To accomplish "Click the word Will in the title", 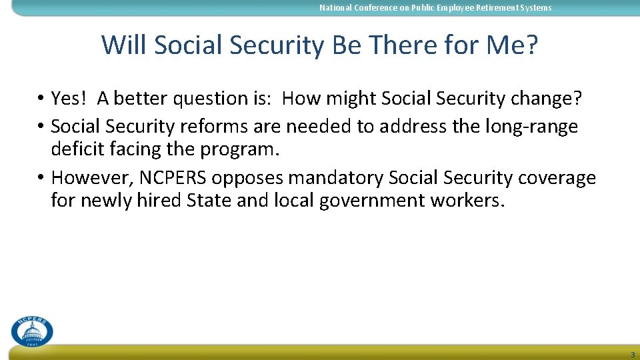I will pyautogui.click(x=124, y=45).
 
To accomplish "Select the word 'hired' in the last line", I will pyautogui.click(x=159, y=201).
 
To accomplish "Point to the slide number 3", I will pyautogui.click(x=632, y=354).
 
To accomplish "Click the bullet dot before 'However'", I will pyautogui.click(x=41, y=178).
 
